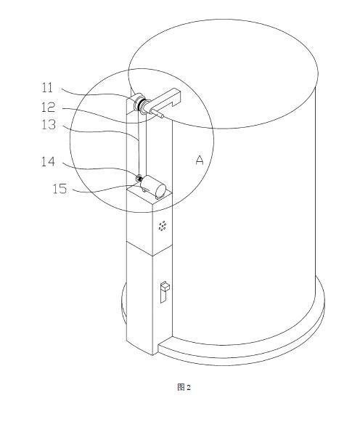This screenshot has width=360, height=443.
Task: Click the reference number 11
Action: pos(47,88)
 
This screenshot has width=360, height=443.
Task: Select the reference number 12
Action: pos(48,107)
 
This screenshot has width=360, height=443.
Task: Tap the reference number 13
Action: pos(49,125)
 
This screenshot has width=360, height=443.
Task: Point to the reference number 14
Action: pos(48,162)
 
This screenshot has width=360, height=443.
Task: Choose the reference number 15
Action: pos(60,188)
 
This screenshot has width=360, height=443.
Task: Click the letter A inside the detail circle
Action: pos(200,160)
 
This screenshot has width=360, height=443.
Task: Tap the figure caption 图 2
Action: pos(184,387)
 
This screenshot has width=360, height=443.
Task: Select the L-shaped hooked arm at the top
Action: pos(163,99)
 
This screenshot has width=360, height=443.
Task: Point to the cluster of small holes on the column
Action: pos(163,226)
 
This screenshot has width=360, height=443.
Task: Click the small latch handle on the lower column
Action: pos(165,292)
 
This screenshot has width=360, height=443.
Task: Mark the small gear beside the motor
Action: pos(139,178)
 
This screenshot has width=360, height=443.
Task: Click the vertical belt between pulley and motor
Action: pos(139,143)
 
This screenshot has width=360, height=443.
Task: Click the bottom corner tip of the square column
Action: pos(152,355)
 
